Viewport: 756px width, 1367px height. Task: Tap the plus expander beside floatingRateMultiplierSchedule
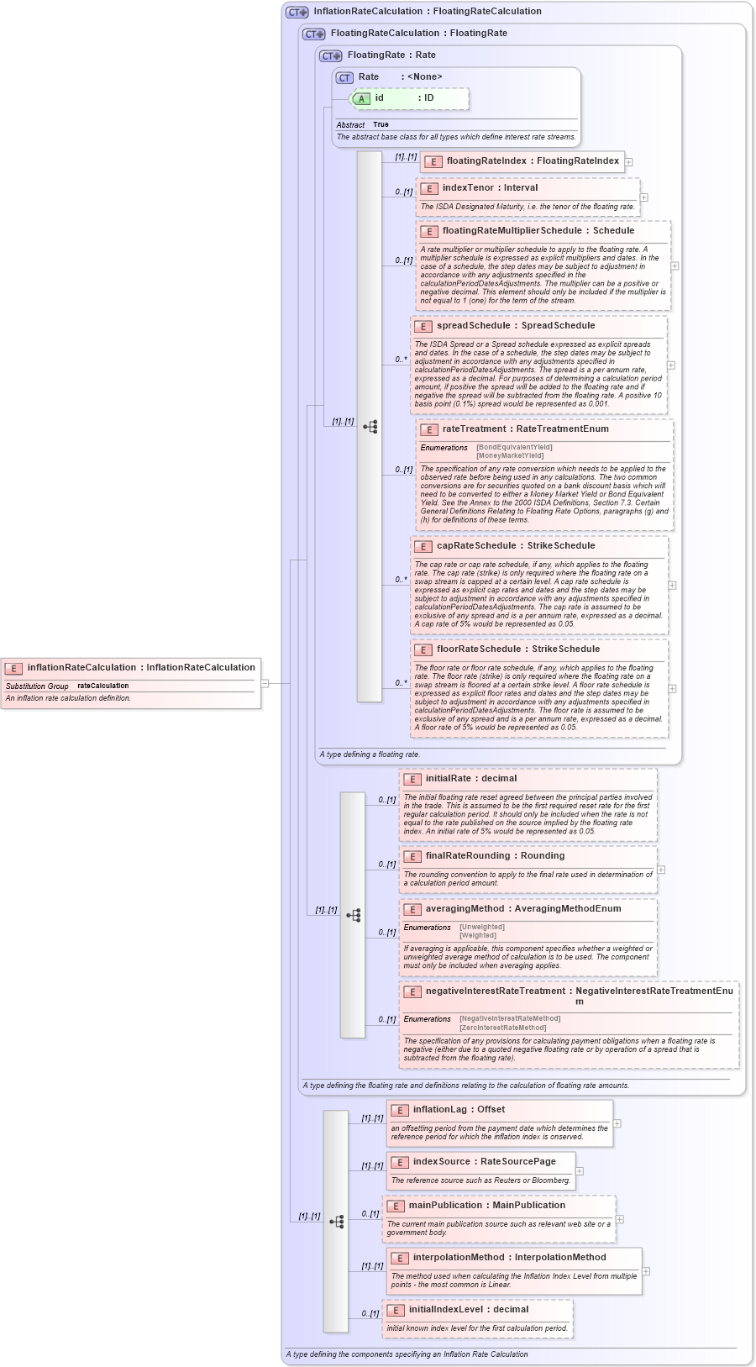click(675, 266)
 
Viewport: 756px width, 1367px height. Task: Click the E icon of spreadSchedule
click(423, 326)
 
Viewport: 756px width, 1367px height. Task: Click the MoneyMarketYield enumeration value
click(510, 456)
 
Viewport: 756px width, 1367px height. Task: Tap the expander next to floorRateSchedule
click(672, 689)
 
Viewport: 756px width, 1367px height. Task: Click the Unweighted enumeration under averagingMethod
click(482, 928)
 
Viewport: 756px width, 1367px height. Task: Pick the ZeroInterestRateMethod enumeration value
click(502, 1028)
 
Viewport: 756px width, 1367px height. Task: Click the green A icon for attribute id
click(361, 99)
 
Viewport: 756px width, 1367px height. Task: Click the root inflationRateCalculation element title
click(141, 668)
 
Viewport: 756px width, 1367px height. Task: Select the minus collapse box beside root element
click(265, 683)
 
